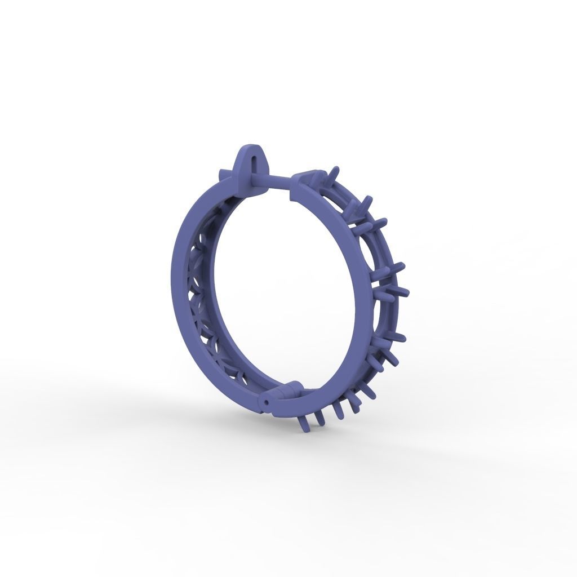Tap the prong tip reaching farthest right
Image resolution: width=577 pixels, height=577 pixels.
pyautogui.click(x=406, y=292)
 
